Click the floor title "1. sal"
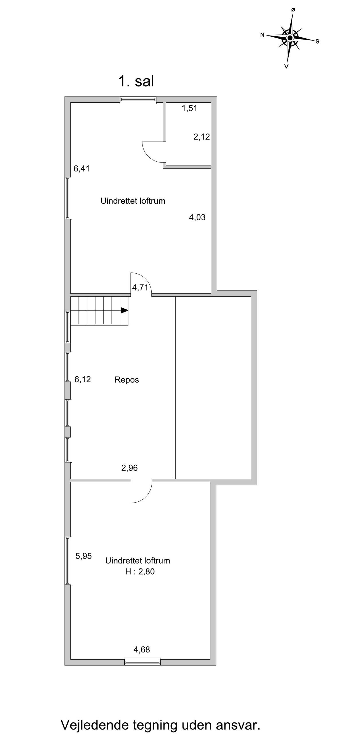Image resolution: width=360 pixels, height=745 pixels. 136,81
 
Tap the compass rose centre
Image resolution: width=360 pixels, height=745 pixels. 290,38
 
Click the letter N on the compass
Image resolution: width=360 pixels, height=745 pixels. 262,35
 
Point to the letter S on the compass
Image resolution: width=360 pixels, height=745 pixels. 318,41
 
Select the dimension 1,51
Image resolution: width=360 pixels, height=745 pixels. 189,108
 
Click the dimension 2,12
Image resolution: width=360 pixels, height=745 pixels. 202,137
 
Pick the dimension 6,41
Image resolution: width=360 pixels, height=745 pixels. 82,168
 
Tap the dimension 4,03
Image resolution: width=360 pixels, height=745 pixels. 197,217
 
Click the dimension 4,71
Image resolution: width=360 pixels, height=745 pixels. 140,287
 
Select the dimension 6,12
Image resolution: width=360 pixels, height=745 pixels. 83,379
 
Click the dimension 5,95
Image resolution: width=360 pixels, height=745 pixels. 84,556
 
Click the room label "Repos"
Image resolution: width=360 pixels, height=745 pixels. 127,380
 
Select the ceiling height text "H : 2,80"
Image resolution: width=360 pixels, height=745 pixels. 140,572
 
